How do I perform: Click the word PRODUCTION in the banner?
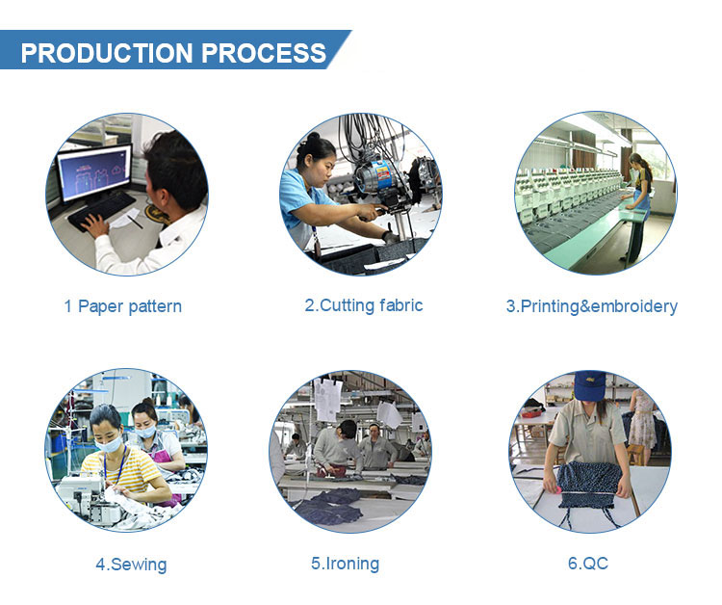[106, 53]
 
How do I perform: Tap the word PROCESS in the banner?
[264, 53]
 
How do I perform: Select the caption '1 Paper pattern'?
[123, 307]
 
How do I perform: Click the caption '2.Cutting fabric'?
[364, 305]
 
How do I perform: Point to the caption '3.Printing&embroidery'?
[592, 306]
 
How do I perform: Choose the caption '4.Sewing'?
[131, 565]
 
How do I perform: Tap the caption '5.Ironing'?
[346, 564]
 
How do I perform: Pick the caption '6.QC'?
[588, 563]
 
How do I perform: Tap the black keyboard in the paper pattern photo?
[102, 211]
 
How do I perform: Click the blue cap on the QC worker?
[589, 385]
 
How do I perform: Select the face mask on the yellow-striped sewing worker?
[109, 445]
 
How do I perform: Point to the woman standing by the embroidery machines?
[640, 196]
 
